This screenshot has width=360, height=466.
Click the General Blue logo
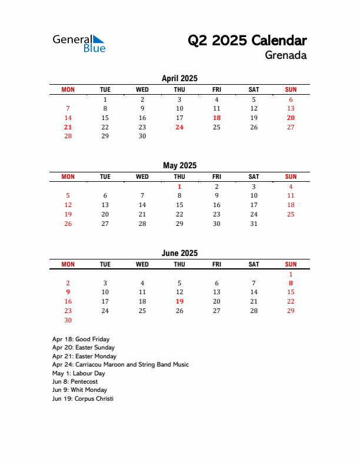(x=79, y=43)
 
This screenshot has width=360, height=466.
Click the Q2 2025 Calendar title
(x=247, y=41)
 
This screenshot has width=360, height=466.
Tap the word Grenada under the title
(x=285, y=56)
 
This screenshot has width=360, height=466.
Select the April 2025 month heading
(x=179, y=78)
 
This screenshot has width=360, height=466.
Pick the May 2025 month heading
(x=179, y=165)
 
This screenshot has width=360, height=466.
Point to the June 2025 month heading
(x=179, y=253)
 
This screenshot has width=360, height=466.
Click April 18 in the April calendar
(x=216, y=118)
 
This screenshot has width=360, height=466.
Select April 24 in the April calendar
(x=179, y=127)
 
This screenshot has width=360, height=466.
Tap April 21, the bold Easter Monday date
(x=68, y=127)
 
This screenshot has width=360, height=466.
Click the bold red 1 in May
(x=179, y=187)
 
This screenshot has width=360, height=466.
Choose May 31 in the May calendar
(x=254, y=224)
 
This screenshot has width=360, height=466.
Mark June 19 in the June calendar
(x=179, y=301)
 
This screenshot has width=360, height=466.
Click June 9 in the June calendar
(x=68, y=292)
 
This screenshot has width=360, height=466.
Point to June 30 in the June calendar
(x=68, y=320)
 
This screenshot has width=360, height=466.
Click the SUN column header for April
(x=291, y=89)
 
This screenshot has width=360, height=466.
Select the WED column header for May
(x=142, y=177)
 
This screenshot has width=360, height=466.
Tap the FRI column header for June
(x=216, y=264)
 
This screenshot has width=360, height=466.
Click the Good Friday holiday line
(x=81, y=339)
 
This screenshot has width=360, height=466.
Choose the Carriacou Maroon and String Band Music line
(x=120, y=364)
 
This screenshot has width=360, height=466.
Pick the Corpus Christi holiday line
(x=82, y=398)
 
